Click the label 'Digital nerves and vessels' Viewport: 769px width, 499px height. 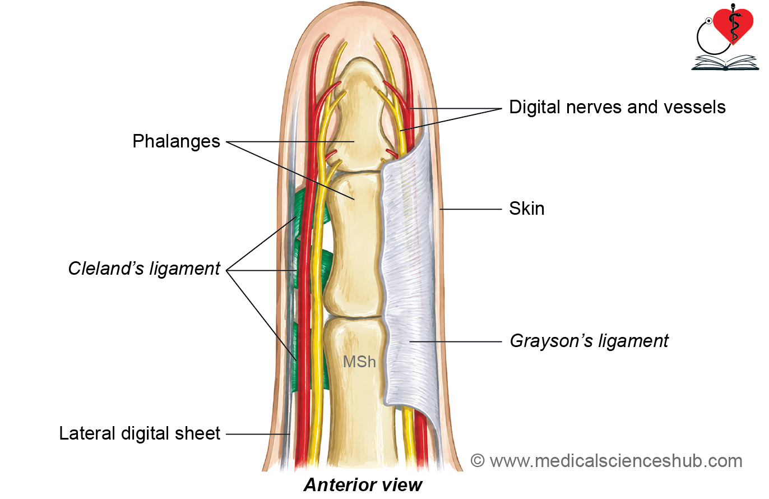pos(617,107)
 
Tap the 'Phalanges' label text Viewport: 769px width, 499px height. pos(176,141)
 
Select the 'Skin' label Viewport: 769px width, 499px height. pos(527,209)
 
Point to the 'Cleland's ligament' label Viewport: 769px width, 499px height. pos(144,269)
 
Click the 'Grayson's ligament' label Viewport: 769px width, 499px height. pos(589,341)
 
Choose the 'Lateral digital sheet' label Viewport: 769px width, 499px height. pos(140,433)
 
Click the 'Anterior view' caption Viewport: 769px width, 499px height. pos(363,485)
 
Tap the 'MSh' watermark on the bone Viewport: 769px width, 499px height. pos(359,362)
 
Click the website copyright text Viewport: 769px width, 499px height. pos(606,461)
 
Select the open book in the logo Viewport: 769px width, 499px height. pos(725,62)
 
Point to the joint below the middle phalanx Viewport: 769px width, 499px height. pos(354,317)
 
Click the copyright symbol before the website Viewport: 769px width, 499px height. pos(478,461)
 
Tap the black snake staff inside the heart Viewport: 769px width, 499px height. pos(733,24)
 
